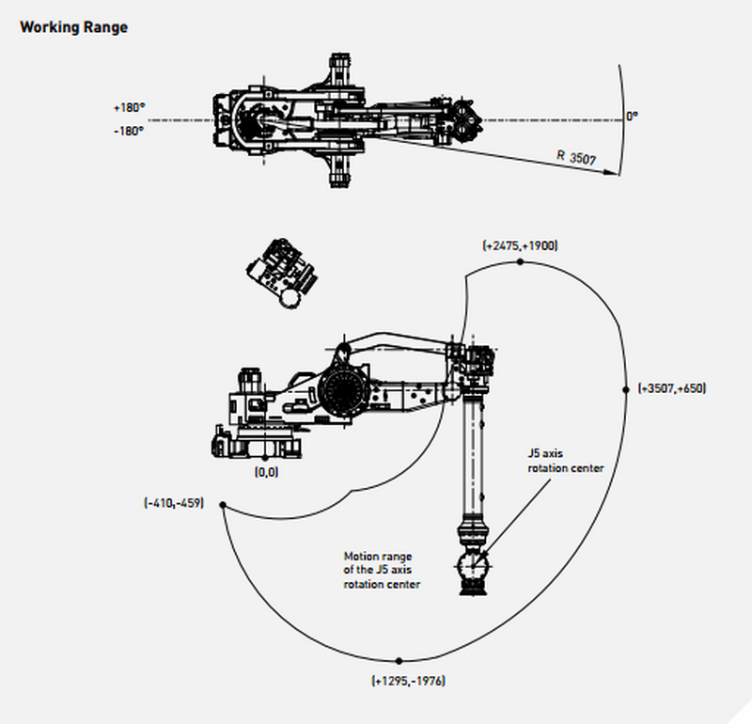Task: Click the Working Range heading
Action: coord(73,27)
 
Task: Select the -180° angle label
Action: coord(129,132)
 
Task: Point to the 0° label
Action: coord(632,116)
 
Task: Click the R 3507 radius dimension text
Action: coord(575,157)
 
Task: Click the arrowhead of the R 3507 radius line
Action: coord(616,172)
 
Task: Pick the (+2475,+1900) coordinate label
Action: coord(520,245)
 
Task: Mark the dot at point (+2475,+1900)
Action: coord(520,262)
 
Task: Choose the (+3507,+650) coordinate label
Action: coord(671,388)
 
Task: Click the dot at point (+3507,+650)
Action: coord(627,387)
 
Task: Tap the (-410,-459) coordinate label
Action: coord(174,503)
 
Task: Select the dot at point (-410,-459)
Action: coord(223,505)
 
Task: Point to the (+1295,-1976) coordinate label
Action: coord(408,680)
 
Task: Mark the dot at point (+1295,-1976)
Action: coord(399,661)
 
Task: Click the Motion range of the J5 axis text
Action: coord(382,570)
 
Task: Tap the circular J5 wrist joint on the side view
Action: coord(471,567)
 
